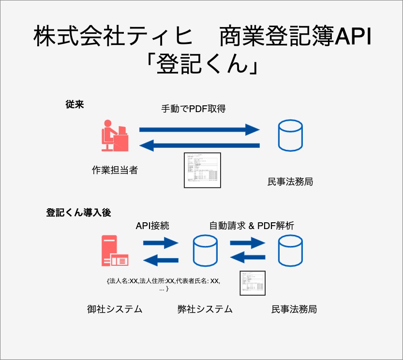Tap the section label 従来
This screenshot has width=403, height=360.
click(75, 104)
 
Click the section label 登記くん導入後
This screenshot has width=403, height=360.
click(78, 212)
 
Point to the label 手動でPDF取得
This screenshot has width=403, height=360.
click(194, 109)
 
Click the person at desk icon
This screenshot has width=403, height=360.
click(115, 137)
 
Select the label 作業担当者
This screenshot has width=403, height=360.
click(115, 170)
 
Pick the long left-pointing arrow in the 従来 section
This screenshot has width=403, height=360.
click(199, 145)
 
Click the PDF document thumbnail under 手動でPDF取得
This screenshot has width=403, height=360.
click(202, 170)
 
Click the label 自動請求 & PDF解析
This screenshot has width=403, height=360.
click(252, 225)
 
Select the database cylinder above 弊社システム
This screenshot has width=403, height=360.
click(205, 251)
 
